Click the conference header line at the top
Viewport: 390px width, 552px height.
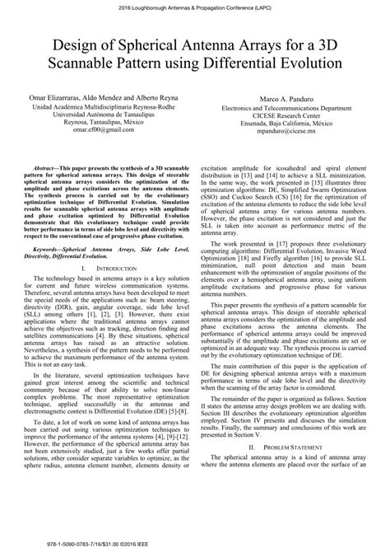(x=195, y=7)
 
